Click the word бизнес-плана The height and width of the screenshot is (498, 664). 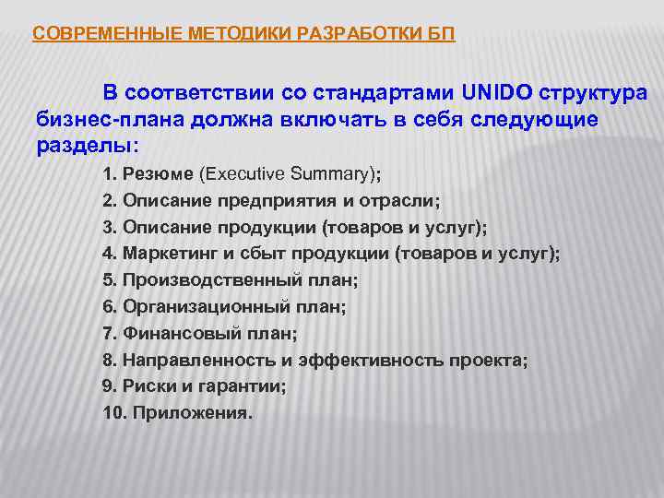96,120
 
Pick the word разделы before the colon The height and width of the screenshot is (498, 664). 84,146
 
